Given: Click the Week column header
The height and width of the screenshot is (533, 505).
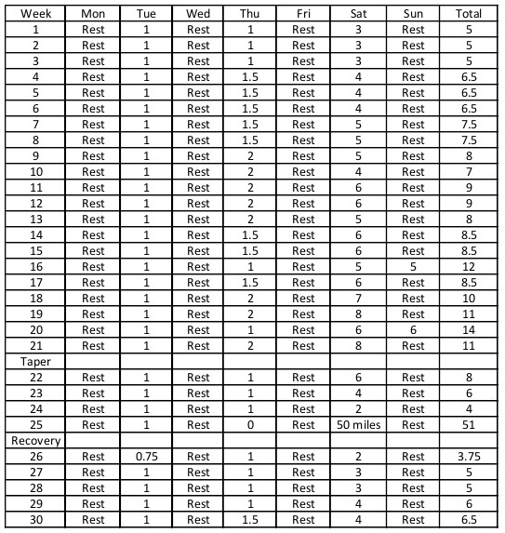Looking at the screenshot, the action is (x=35, y=14).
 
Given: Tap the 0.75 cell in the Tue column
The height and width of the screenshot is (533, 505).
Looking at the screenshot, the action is (x=146, y=457).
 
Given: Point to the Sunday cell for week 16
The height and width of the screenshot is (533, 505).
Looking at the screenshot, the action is (x=413, y=266).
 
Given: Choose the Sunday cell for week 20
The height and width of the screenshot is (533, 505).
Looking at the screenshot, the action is (x=413, y=329).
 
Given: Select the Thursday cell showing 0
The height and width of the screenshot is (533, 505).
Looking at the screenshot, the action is (x=250, y=425).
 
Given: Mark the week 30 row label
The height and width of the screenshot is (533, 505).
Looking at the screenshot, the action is (x=35, y=520).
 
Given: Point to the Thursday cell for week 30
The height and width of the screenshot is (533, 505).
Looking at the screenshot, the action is (x=250, y=520).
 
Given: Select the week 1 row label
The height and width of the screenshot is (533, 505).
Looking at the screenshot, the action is (x=35, y=30).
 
